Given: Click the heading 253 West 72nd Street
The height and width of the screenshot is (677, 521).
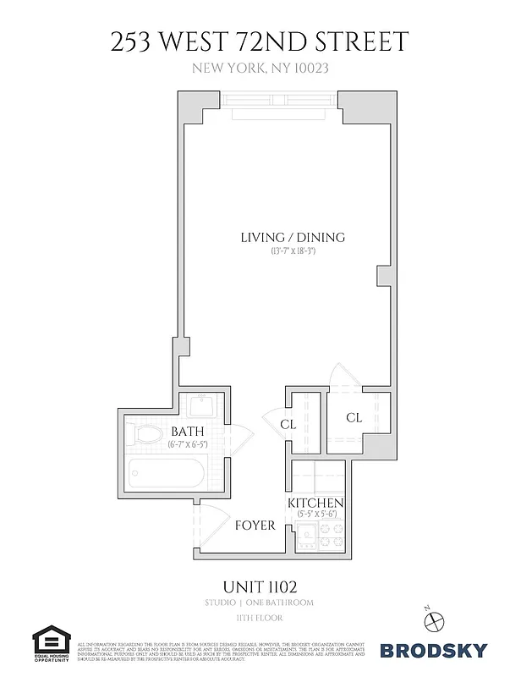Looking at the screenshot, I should pyautogui.click(x=260, y=41).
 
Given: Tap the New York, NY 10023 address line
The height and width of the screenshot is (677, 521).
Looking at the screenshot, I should pyautogui.click(x=260, y=71).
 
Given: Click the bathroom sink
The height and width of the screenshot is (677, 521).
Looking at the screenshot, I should pyautogui.click(x=203, y=406).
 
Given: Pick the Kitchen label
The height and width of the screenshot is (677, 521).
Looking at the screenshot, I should pyautogui.click(x=317, y=504).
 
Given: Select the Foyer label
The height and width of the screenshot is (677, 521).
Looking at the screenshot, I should pyautogui.click(x=255, y=526).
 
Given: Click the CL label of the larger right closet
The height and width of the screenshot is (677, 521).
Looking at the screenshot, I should pyautogui.click(x=354, y=418).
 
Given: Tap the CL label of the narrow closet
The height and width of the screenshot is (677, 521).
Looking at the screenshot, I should pyautogui.click(x=288, y=424).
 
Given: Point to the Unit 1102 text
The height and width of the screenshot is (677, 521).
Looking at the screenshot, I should pyautogui.click(x=260, y=586).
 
